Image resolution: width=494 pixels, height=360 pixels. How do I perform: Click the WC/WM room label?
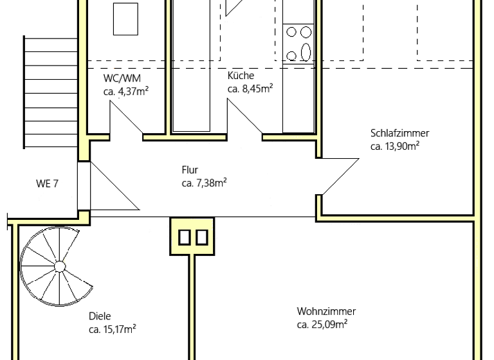point(122,78)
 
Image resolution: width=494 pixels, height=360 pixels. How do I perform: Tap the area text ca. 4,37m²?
point(126,92)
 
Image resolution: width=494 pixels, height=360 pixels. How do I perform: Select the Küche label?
point(241,76)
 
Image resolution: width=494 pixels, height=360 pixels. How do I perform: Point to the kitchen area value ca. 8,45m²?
point(250,89)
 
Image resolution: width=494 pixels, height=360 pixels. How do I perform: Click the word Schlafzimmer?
point(399,134)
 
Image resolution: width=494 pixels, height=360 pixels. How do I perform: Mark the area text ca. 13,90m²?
point(395,147)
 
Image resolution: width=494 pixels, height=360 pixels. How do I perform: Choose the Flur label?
point(190,171)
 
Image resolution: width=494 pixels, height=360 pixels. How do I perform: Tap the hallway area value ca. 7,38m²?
point(204,184)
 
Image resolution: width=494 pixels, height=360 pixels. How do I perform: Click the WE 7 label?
point(47,184)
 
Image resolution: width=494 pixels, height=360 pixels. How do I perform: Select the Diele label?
point(100,316)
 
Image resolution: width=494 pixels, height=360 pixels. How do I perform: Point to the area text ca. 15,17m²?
point(112,330)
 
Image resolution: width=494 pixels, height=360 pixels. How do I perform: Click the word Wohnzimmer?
point(326,312)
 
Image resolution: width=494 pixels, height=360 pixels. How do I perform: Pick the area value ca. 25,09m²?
point(322,325)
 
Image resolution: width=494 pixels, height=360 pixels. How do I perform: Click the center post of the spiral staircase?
point(59,265)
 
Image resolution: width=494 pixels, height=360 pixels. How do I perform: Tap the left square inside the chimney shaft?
point(185,237)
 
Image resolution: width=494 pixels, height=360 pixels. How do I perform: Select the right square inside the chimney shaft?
point(201,237)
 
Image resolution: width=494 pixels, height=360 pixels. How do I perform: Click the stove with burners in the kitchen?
point(298,42)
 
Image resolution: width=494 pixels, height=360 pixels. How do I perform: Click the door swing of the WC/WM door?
point(126,120)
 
